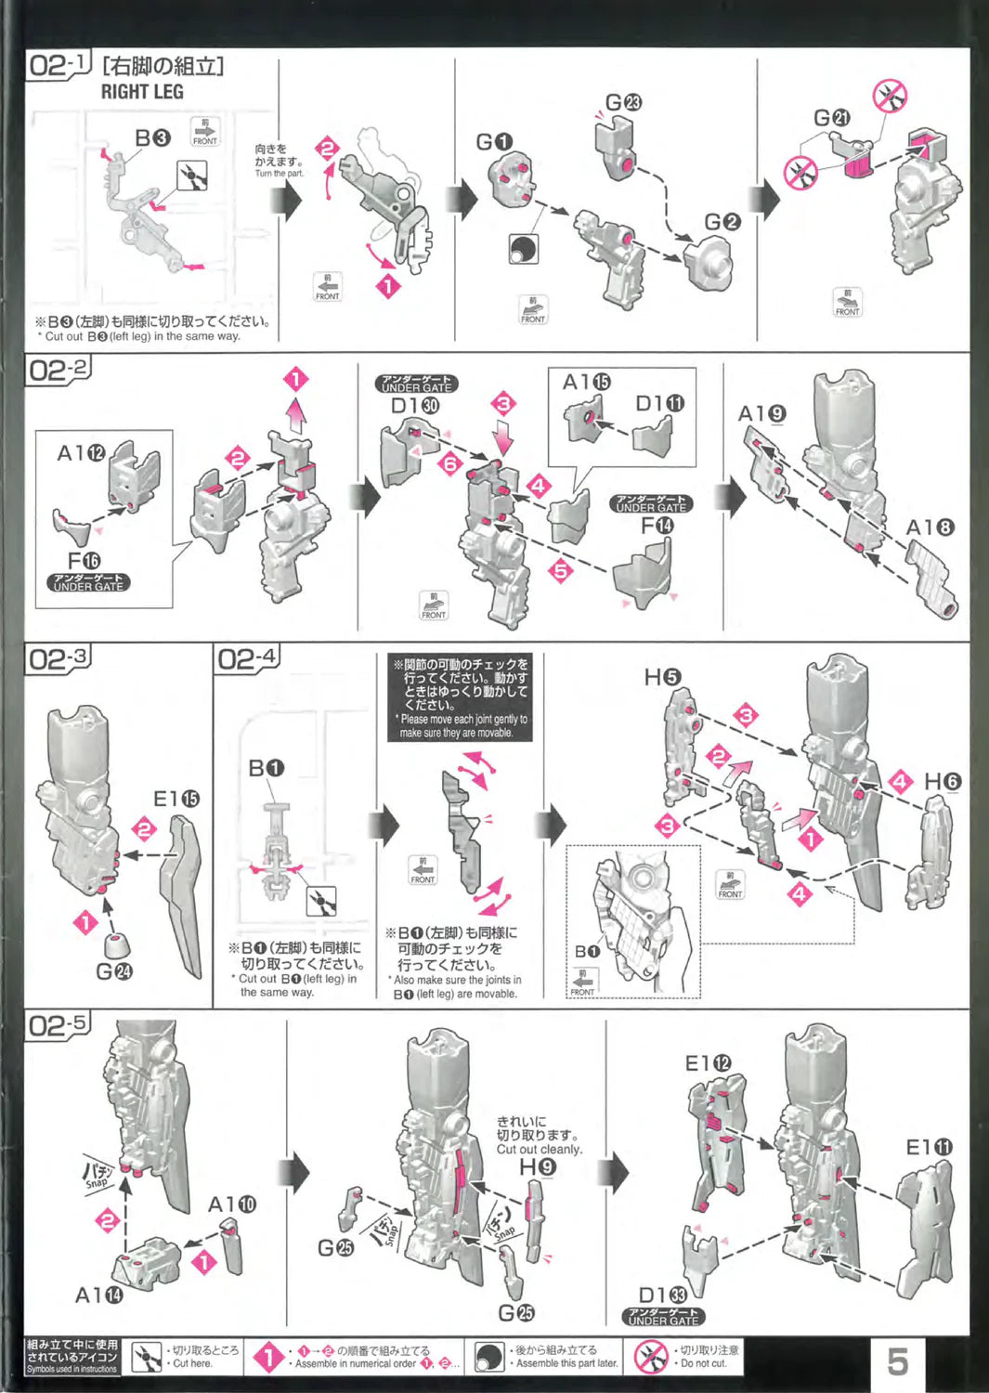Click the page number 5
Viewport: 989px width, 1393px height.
(x=897, y=1361)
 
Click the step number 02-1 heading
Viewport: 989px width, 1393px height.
(x=58, y=65)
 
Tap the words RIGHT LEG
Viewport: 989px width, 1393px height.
(x=142, y=92)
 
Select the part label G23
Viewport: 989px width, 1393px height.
(x=623, y=102)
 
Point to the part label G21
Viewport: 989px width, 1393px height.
(x=831, y=118)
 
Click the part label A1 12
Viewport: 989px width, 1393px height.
(x=81, y=453)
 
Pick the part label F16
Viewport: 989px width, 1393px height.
(x=84, y=560)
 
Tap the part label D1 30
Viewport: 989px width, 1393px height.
(x=415, y=405)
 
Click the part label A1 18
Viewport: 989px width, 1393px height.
(x=930, y=527)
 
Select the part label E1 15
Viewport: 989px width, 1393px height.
(x=176, y=799)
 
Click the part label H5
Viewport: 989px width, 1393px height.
(x=662, y=677)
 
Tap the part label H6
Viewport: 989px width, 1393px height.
(x=942, y=782)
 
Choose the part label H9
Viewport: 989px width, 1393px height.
(x=537, y=1166)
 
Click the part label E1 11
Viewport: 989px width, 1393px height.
(x=929, y=1148)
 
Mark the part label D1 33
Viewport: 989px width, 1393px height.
(x=662, y=1295)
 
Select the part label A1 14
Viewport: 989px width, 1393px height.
(x=98, y=1295)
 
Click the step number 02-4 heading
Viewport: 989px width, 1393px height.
(x=246, y=659)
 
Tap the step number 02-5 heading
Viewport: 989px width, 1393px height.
(x=58, y=1025)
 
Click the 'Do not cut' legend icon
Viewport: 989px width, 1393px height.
(x=650, y=1358)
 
